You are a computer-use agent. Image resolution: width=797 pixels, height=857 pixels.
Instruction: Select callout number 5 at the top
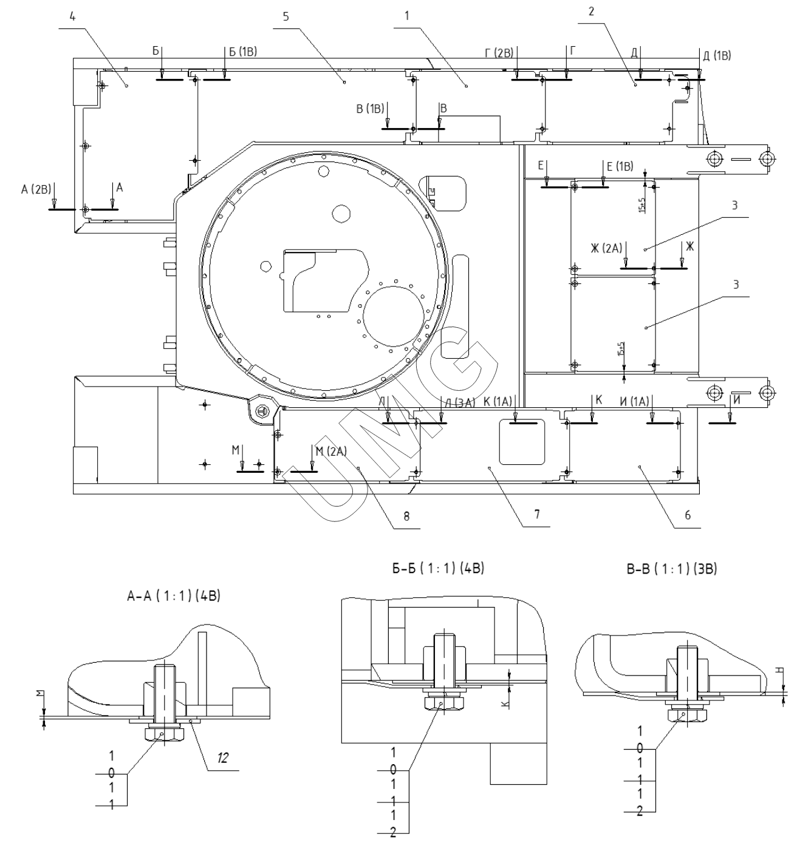tap(294, 16)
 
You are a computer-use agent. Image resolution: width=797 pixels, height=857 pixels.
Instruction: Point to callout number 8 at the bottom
tap(406, 517)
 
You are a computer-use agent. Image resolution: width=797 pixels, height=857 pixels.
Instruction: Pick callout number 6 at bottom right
tap(687, 515)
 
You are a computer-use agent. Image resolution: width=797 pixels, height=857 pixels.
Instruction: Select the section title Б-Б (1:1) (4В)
tap(438, 569)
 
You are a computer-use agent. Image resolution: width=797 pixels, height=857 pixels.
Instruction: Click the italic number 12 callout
tap(223, 757)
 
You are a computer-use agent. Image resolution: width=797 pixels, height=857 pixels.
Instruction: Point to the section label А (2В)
tap(34, 190)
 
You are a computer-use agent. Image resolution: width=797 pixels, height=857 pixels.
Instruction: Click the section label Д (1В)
tap(716, 56)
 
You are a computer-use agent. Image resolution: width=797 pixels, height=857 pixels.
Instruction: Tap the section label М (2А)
tap(330, 450)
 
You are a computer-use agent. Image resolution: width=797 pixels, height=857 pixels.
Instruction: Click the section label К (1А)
tap(498, 401)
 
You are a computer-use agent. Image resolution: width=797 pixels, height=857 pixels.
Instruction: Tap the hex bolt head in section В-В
tap(683, 715)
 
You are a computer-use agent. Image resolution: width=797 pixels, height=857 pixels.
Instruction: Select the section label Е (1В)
tap(619, 166)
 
